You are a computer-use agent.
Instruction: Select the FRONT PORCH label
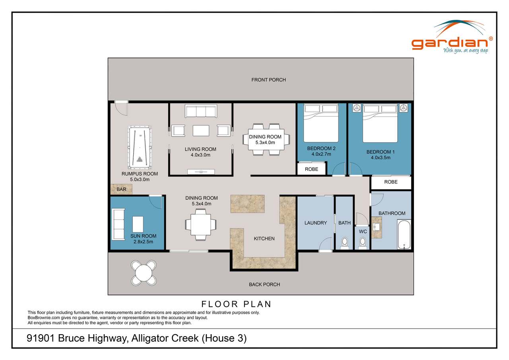(x=268, y=80)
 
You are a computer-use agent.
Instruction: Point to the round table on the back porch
(x=144, y=273)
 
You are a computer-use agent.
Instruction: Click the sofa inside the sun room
(x=119, y=223)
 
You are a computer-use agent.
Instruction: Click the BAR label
(x=121, y=189)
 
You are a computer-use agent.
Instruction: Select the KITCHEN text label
(x=264, y=239)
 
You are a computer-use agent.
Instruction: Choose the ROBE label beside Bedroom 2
(x=311, y=169)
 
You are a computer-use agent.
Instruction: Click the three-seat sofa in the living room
(x=200, y=111)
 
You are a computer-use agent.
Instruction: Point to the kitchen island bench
(x=247, y=204)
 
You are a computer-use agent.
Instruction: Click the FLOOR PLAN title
(x=236, y=304)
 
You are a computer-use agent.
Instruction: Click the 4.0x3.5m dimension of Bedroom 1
(x=378, y=158)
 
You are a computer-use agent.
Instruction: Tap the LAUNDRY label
(x=315, y=223)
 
